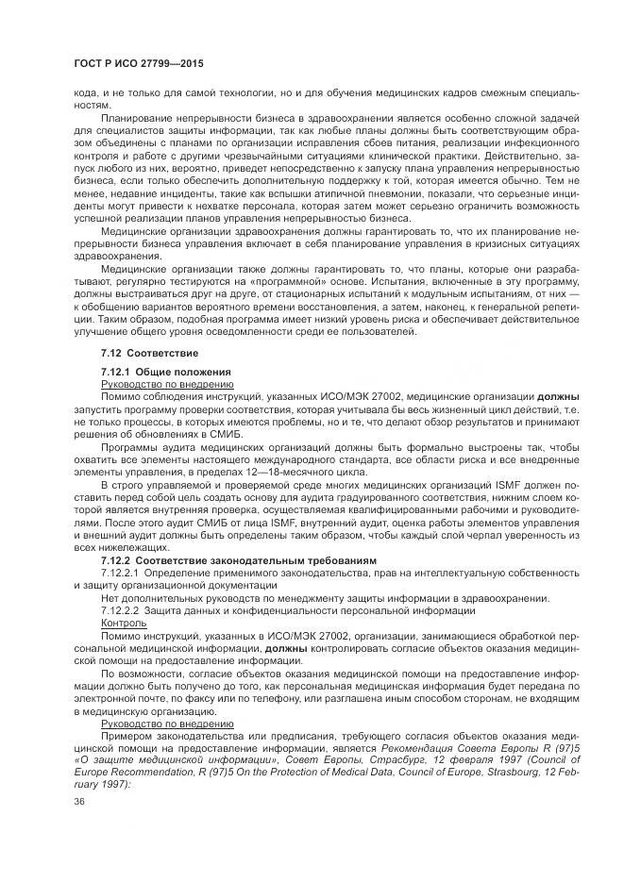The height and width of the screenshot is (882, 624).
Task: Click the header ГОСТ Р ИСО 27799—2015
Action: point(139,63)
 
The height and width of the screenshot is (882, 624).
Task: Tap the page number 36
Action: point(79,800)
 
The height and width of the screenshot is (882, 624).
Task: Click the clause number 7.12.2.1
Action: point(121,573)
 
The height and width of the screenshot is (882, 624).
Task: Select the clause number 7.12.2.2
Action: point(121,610)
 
